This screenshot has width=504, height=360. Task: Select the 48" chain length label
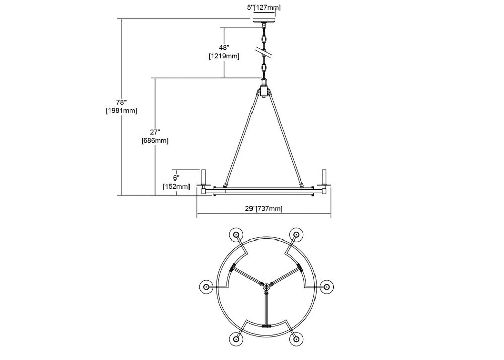pos(224,48)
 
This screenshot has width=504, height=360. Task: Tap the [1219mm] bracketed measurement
pos(224,56)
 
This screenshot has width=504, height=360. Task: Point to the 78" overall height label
pos(121,102)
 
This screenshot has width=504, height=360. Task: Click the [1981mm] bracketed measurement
pos(121,111)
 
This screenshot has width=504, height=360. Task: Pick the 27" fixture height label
pos(155,132)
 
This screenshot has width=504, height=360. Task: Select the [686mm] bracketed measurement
pos(155,141)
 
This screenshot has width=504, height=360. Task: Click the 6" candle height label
pos(176,178)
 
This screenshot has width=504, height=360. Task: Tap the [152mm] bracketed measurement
pos(176,187)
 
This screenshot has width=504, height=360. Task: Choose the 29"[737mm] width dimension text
pos(264,209)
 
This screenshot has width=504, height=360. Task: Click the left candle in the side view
pos(204,177)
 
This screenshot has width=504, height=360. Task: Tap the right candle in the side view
pos(324,177)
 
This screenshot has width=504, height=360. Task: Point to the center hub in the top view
pos(266,287)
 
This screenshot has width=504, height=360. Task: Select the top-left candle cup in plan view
pos(236,235)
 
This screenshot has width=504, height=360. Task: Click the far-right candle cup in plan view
pos(326,287)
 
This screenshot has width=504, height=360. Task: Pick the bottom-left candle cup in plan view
pos(236,338)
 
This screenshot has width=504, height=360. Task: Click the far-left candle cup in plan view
pos(206,287)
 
